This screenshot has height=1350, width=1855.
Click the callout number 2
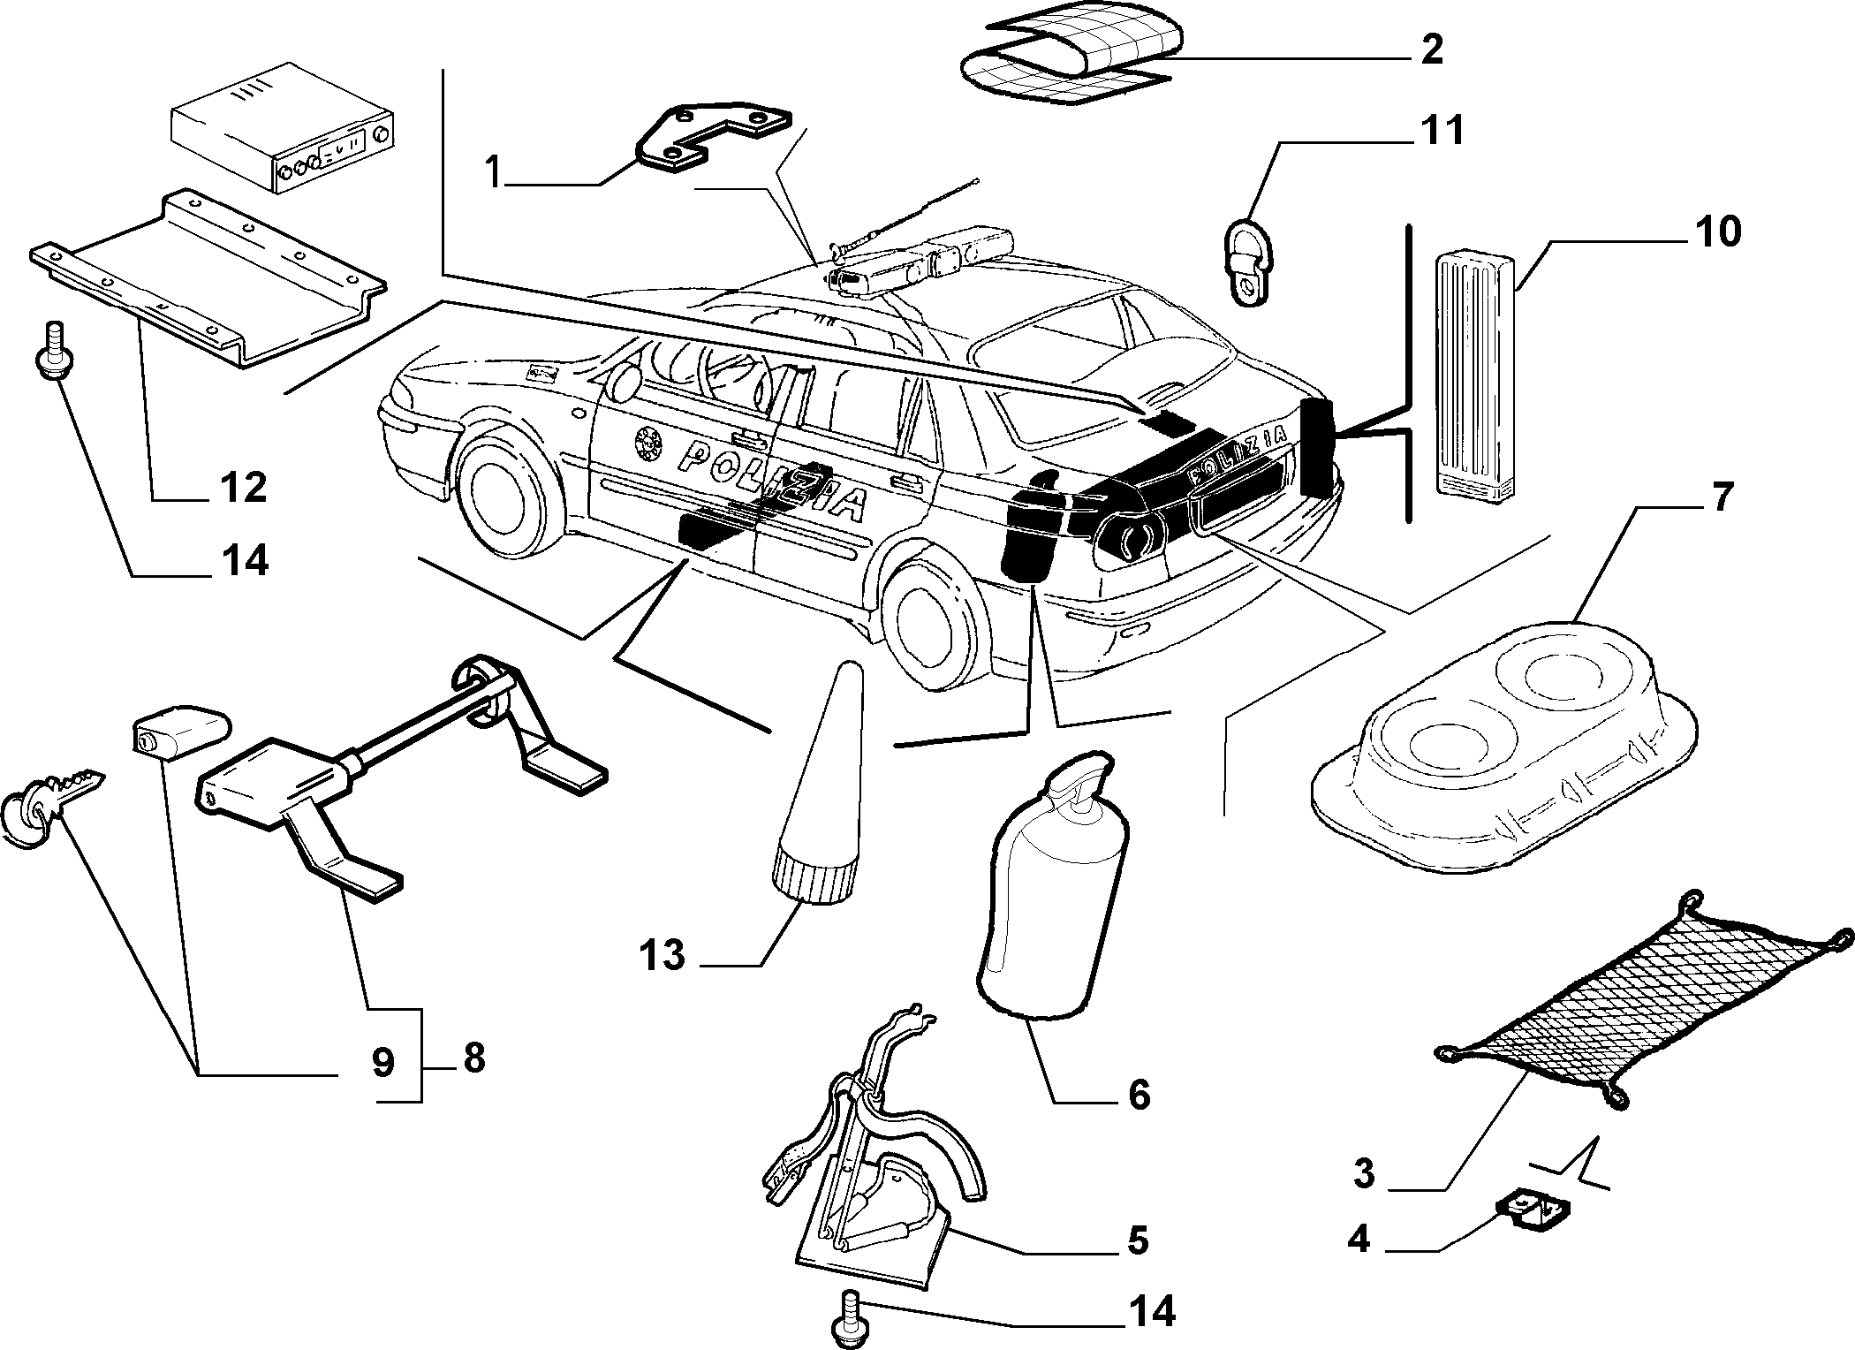pyautogui.click(x=1431, y=49)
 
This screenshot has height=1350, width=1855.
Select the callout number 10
pyautogui.click(x=1715, y=231)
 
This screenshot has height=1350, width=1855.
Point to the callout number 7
pyautogui.click(x=1717, y=497)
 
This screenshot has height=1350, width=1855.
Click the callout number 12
pyautogui.click(x=242, y=487)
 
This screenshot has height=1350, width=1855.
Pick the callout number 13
pyautogui.click(x=663, y=955)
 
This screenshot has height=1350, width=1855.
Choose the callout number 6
pyautogui.click(x=1139, y=1095)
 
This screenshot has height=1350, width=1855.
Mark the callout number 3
pyautogui.click(x=1364, y=1174)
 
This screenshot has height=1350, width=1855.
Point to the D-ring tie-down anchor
pyautogui.click(x=1250, y=261)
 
